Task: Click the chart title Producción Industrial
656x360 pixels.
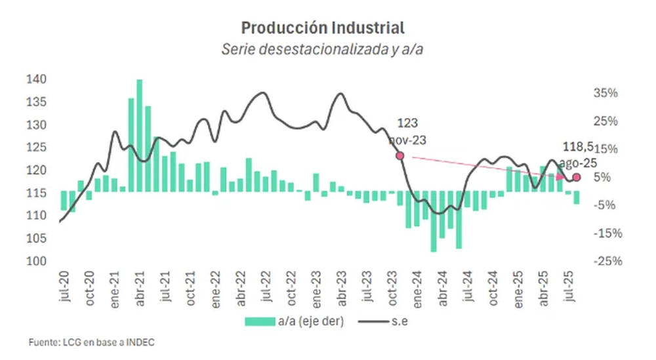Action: point(323,28)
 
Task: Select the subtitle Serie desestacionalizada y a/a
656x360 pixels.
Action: point(322,49)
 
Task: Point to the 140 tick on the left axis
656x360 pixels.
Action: point(36,79)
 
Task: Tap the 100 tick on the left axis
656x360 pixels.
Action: point(36,261)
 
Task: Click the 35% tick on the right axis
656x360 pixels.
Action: point(605,93)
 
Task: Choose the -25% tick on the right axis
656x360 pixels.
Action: point(607,261)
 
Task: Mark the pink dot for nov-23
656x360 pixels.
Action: point(400,155)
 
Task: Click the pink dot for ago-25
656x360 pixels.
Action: point(577,177)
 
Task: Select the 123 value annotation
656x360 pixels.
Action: point(407,123)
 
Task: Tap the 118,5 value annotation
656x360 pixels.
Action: point(578,146)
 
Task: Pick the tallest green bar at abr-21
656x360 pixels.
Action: point(140,136)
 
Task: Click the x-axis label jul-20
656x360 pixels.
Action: point(64,286)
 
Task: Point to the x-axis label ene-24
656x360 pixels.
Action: point(417,289)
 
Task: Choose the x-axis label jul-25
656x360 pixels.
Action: point(569,286)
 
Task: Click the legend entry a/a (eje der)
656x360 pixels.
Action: point(294,321)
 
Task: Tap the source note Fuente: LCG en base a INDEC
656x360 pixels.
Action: point(92,342)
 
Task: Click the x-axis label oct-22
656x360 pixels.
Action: point(291,288)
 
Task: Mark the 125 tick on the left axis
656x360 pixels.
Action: point(36,147)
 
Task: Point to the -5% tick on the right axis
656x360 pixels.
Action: point(605,205)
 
